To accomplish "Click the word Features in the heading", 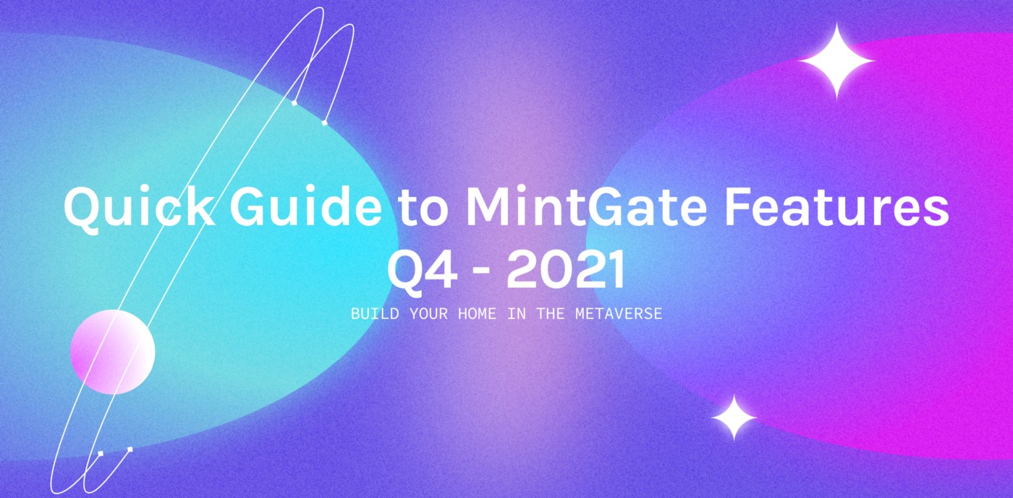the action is coord(836,206).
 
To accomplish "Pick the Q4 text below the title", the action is coord(422,272).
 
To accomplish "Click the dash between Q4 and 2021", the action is coord(482,273).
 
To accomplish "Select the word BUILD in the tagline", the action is coord(375,313).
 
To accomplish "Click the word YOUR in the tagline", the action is coord(428,313).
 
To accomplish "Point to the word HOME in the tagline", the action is coord(477,313).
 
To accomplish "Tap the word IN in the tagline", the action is coord(517,313).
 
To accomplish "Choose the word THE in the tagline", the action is coord(551,313).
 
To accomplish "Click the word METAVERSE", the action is coord(619,313).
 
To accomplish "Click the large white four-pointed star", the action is coord(836,60).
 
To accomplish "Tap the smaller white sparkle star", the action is coord(734,418).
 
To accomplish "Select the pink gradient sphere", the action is coord(113,352).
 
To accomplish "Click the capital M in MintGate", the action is coord(488,206).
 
